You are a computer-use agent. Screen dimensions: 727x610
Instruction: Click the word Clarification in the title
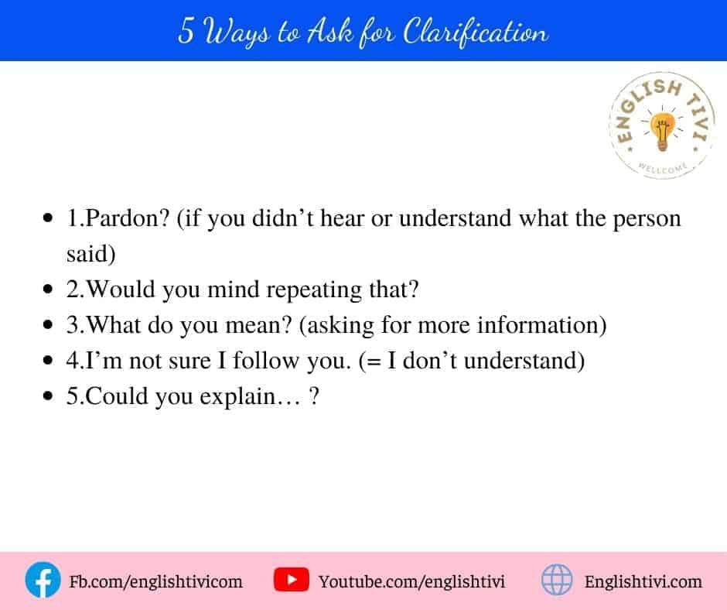pos(475,32)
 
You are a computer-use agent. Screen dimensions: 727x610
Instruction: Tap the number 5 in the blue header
pos(186,31)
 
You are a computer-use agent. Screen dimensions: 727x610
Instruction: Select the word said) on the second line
pos(91,253)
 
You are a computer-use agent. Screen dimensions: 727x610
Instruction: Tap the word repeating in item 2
pos(314,290)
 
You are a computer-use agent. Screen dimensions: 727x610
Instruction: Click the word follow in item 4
pos(266,360)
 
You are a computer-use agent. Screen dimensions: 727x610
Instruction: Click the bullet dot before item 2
pos(48,289)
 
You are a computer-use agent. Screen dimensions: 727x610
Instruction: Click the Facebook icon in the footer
pos(43,580)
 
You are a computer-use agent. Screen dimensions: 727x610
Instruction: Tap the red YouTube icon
pos(291,580)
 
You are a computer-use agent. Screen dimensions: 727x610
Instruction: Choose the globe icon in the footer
pos(557,580)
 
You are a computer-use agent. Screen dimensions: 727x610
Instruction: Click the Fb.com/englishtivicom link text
pos(155,581)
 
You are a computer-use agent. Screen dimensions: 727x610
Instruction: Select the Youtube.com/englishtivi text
pos(411,581)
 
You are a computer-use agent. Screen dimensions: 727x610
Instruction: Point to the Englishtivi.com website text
pos(643,581)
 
